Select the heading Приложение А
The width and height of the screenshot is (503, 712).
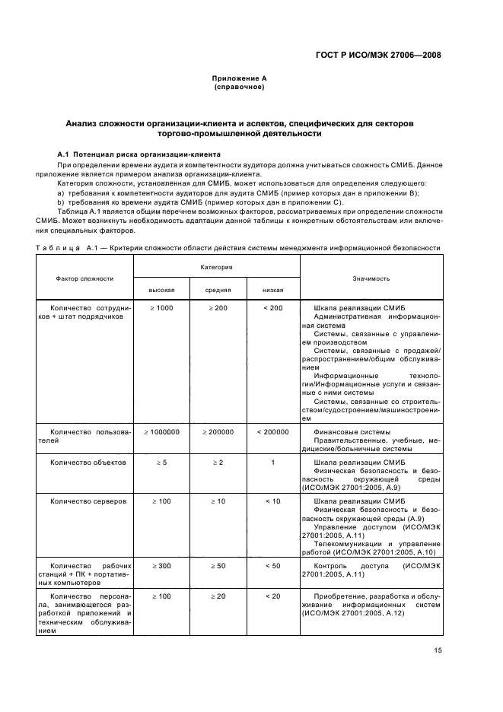tap(239, 78)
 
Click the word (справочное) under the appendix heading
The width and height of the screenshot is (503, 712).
tap(239, 87)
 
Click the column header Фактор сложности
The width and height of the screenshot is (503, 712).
tap(84, 278)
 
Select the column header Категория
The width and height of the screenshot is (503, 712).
tap(216, 268)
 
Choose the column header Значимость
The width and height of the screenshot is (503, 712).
tap(371, 278)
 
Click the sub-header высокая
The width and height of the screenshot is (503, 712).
tap(161, 290)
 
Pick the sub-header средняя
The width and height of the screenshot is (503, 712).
tap(218, 290)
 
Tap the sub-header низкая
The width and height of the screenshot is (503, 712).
tap(273, 290)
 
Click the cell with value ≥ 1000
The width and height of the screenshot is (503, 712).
tap(161, 307)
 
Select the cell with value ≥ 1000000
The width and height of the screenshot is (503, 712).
tap(161, 431)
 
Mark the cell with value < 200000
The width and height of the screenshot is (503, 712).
tap(273, 431)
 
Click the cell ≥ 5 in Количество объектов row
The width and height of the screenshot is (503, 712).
tap(161, 462)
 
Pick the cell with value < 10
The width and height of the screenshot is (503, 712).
tap(273, 501)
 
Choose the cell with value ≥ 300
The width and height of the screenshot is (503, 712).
tap(161, 566)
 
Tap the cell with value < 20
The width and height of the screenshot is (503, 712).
tap(273, 596)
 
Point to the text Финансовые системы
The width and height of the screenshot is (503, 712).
tap(347, 431)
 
